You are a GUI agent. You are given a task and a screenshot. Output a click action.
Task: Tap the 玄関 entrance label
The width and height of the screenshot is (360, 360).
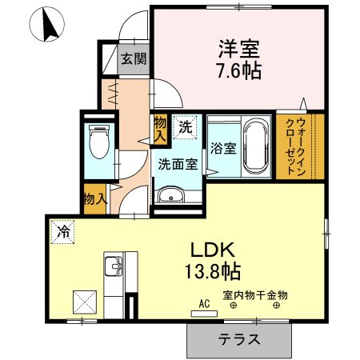pyautogui.click(x=134, y=58)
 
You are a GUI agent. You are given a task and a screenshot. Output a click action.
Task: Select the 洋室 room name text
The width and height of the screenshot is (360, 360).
pyautogui.click(x=238, y=47)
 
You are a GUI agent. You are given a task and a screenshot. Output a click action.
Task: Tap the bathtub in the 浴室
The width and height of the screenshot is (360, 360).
pyautogui.click(x=257, y=144)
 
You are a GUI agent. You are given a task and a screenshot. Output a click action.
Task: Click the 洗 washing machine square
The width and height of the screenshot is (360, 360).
pyautogui.click(x=185, y=126)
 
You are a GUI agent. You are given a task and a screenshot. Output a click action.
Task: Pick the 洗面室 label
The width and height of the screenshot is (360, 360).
pyautogui.click(x=177, y=166)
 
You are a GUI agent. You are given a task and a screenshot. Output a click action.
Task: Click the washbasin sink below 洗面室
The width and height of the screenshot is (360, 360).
pyautogui.click(x=170, y=196)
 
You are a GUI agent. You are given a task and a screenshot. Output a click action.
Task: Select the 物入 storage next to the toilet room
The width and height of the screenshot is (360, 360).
pyautogui.click(x=94, y=197)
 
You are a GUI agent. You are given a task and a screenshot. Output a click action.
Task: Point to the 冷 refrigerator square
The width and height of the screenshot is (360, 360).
pyautogui.click(x=62, y=233)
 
